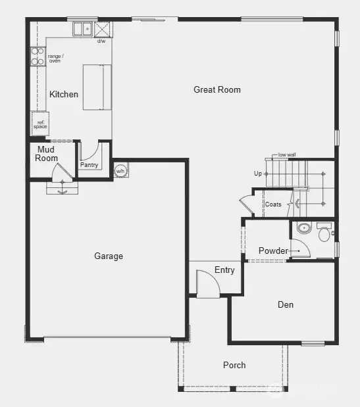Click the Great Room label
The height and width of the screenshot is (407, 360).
point(217,89)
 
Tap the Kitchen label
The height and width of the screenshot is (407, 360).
point(64,94)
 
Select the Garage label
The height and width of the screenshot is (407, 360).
point(109,256)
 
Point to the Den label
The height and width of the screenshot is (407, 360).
point(285,304)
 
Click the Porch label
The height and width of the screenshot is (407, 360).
point(234,365)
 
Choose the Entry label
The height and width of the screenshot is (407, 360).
point(224,270)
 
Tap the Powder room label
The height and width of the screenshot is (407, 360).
point(272,251)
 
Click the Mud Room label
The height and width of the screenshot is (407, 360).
point(47,154)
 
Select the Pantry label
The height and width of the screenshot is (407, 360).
point(89,165)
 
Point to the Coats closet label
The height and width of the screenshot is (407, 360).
point(273,204)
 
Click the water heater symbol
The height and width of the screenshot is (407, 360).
point(120,170)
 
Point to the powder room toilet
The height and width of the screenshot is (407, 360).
point(324,232)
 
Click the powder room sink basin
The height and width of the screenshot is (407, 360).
point(303,229)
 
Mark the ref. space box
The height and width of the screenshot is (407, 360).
point(39,123)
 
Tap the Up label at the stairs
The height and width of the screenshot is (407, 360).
point(258,174)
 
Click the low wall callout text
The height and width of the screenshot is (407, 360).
point(287,155)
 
